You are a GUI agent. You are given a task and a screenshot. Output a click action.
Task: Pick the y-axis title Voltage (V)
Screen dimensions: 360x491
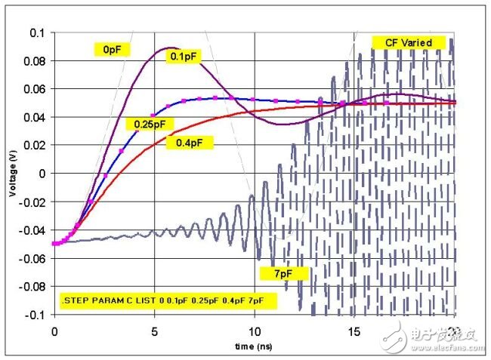[13, 174]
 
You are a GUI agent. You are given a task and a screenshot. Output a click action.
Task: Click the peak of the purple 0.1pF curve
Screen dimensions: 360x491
[170, 48]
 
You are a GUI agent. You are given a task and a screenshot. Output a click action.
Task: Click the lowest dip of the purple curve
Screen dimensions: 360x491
[281, 124]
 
